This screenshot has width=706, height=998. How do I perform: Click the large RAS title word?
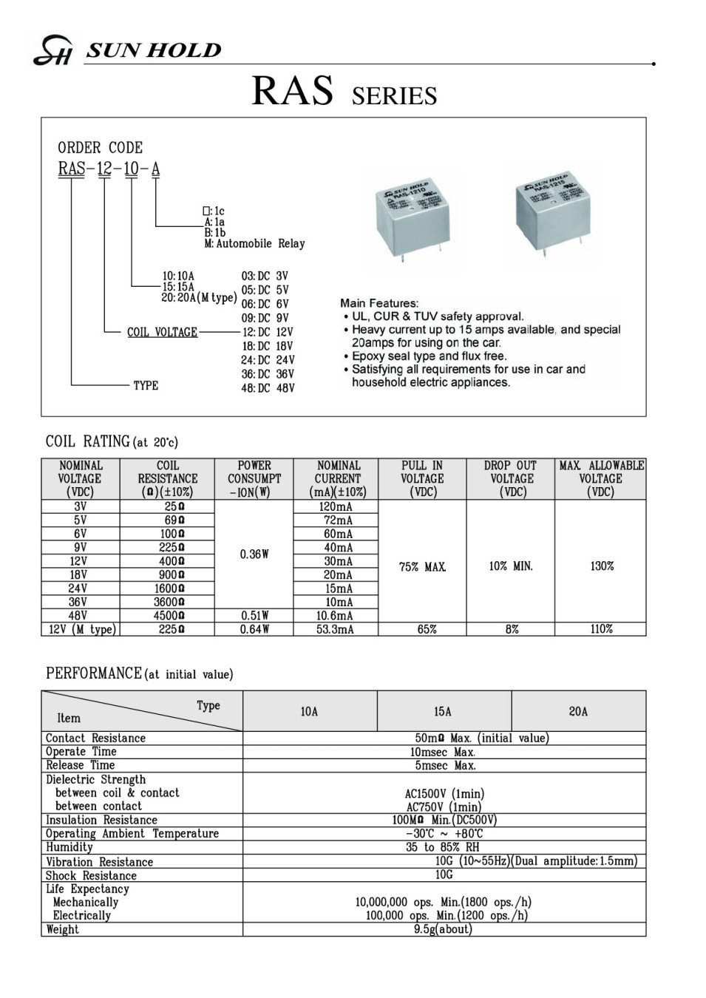(x=292, y=92)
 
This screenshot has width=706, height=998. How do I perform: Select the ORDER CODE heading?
(x=100, y=147)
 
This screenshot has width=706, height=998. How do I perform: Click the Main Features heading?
(x=379, y=303)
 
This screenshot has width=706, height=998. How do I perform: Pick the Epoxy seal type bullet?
(x=429, y=356)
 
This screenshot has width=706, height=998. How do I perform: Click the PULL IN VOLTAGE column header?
(x=421, y=478)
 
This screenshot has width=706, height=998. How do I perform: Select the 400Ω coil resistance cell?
(x=168, y=561)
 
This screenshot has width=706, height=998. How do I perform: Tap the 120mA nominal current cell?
(x=336, y=507)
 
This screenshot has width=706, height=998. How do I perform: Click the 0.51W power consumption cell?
(x=254, y=615)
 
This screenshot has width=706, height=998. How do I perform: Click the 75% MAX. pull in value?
(x=422, y=567)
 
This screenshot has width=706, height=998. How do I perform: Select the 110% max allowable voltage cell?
(x=601, y=629)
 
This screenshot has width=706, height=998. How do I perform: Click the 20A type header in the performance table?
(x=578, y=711)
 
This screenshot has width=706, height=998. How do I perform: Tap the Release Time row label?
(x=80, y=765)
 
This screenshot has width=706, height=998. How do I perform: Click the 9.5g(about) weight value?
(x=443, y=929)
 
